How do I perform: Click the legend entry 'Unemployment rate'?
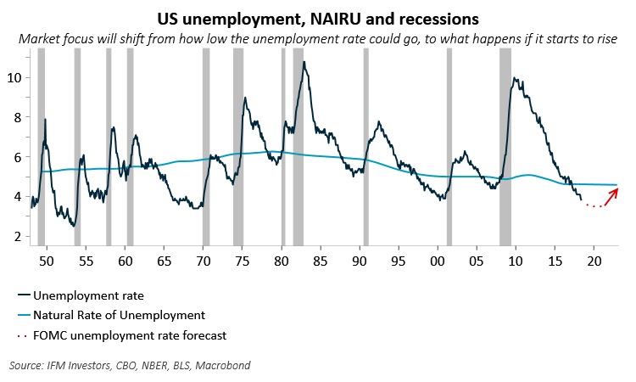83,295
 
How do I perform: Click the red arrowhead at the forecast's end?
615,190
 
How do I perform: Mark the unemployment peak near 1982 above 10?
304,62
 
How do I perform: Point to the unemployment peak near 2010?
515,79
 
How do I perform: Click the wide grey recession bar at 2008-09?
505,144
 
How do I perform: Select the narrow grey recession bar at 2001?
449,144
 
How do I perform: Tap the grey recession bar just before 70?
206,144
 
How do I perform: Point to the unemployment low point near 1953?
75,226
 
